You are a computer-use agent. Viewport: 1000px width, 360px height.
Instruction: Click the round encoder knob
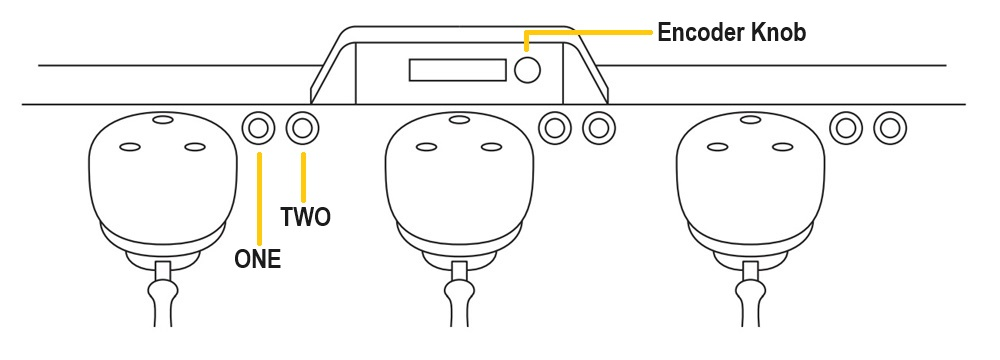click(x=527, y=70)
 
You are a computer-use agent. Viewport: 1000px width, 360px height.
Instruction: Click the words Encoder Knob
click(x=732, y=32)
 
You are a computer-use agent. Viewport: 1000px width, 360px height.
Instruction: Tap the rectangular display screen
click(x=457, y=70)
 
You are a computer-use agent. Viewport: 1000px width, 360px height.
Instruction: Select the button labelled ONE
click(x=258, y=128)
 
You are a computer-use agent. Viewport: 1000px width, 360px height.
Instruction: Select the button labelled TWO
click(x=302, y=128)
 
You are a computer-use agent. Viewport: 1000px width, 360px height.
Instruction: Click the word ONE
click(x=258, y=259)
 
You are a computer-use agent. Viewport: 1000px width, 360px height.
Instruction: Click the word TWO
click(x=305, y=218)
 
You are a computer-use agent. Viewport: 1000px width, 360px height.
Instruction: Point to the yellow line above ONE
click(x=258, y=199)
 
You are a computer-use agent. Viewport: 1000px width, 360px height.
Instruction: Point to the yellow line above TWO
click(x=303, y=177)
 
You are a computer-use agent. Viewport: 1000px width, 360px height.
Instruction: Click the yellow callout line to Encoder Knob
click(x=587, y=31)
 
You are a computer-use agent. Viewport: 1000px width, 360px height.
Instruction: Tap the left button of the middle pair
click(x=555, y=128)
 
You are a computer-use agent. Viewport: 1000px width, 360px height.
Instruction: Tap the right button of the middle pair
click(x=598, y=128)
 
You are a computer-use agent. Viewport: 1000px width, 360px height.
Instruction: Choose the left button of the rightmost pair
click(x=846, y=128)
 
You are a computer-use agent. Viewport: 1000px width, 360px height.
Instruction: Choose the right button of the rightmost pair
click(x=890, y=128)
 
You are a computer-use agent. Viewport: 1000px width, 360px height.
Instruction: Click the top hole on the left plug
click(x=163, y=119)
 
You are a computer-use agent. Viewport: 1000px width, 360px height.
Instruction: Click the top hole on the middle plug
click(x=459, y=119)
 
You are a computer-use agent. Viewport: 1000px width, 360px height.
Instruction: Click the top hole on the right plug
click(x=750, y=119)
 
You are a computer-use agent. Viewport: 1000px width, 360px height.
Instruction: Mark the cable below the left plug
click(x=163, y=296)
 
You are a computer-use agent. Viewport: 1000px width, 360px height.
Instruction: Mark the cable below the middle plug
click(x=459, y=296)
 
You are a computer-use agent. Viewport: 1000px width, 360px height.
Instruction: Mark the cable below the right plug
click(x=751, y=296)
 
